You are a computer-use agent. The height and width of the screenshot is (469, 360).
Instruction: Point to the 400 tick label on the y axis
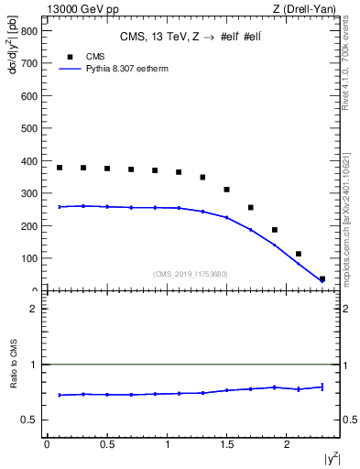pyautogui.click(x=28, y=161)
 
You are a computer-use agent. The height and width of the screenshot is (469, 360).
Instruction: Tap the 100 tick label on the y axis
pyautogui.click(x=28, y=258)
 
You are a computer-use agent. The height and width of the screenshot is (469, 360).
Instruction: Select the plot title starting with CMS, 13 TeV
pyautogui.click(x=191, y=38)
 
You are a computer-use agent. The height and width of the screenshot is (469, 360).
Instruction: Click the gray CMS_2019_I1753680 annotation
pyautogui.click(x=191, y=274)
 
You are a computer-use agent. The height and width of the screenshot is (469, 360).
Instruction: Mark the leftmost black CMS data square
pyautogui.click(x=60, y=168)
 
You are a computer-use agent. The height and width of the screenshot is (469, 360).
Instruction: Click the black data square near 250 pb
pyautogui.click(x=251, y=208)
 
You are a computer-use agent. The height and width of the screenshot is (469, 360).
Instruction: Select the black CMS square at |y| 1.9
pyautogui.click(x=275, y=230)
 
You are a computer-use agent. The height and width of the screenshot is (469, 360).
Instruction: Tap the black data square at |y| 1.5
pyautogui.click(x=227, y=190)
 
